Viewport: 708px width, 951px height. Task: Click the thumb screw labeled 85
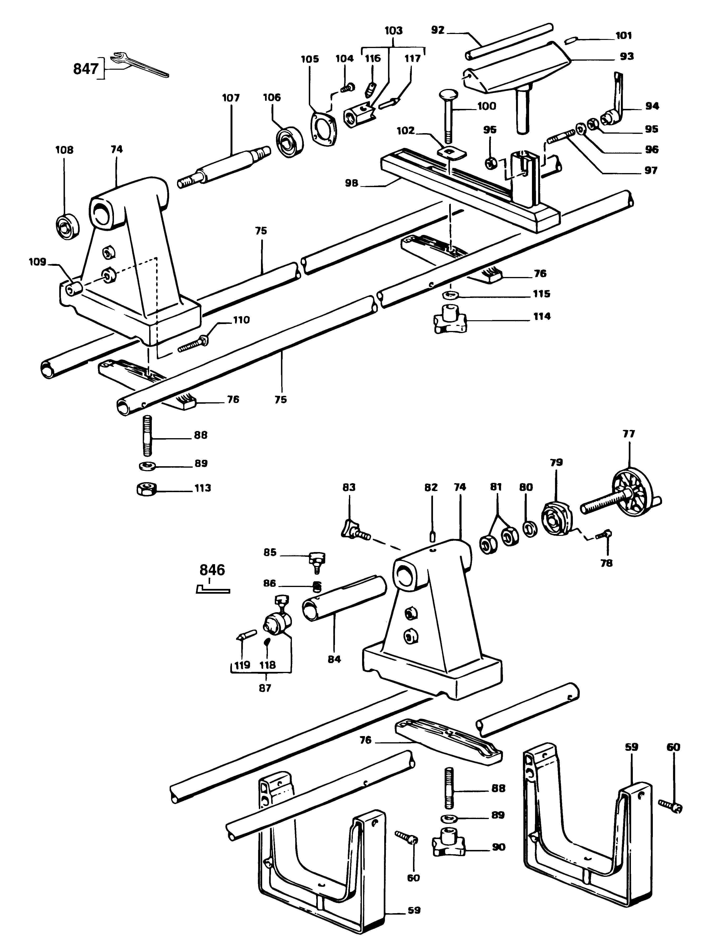pos(317,560)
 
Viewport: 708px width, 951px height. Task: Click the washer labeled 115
pos(450,295)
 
